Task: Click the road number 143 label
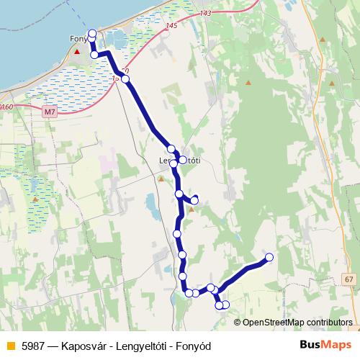tap(207, 13)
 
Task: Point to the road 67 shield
tap(349, 279)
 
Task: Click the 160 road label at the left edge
tap(6, 107)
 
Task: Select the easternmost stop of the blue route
tap(270, 257)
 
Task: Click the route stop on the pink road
tap(126, 78)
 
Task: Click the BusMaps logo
tap(325, 344)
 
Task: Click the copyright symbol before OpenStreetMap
tap(238, 322)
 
